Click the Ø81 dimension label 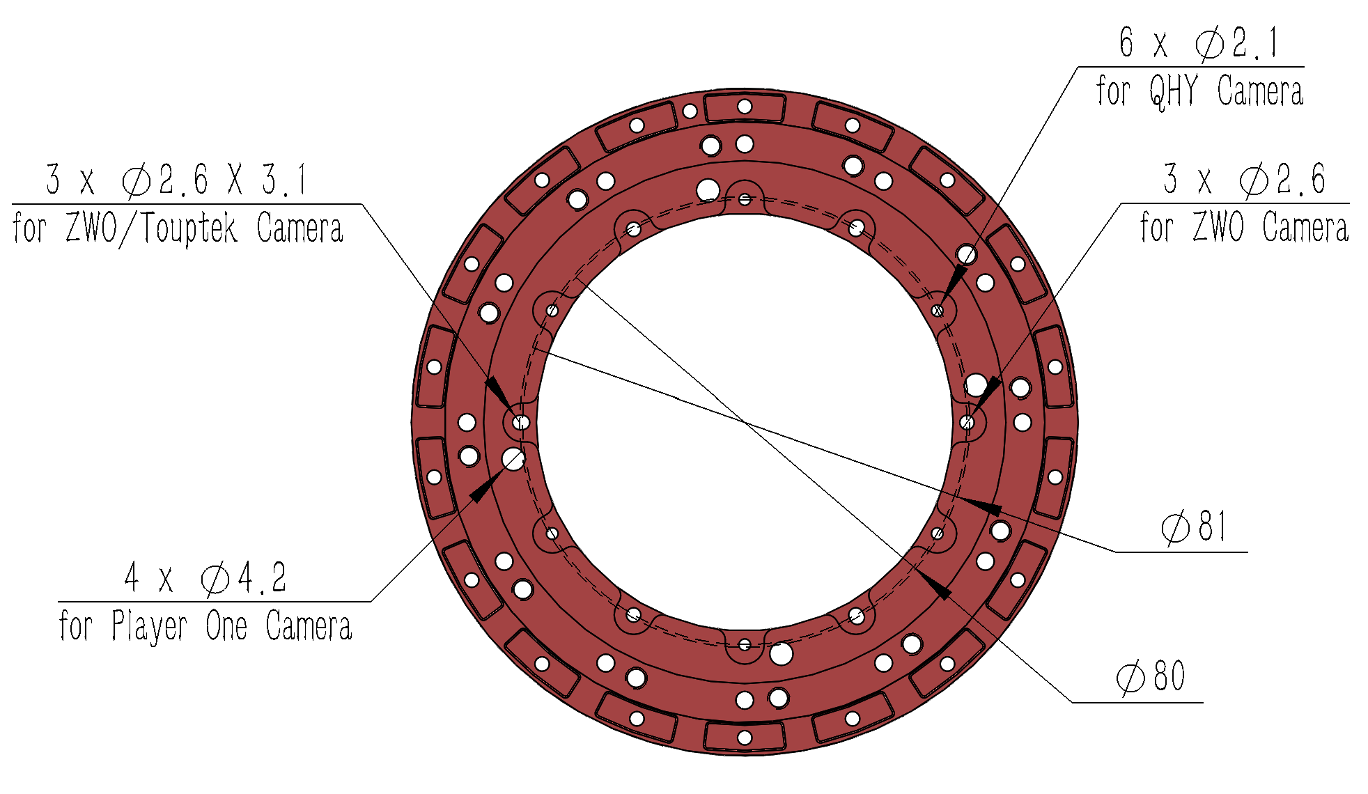[x=1194, y=527]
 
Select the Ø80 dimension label [x=1151, y=676]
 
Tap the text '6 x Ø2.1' [x=1199, y=43]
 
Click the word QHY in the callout [x=1174, y=91]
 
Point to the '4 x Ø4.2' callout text [x=205, y=578]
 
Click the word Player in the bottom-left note [x=149, y=626]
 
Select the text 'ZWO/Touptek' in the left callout [x=152, y=228]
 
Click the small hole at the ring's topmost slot [x=745, y=107]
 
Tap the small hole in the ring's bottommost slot [x=745, y=737]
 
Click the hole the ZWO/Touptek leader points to [x=521, y=422]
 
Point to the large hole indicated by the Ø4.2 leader [x=513, y=459]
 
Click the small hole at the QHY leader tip [x=938, y=311]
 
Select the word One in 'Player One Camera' [x=226, y=626]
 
